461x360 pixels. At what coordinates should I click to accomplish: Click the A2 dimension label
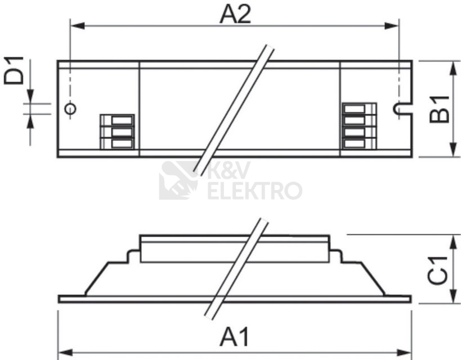[235, 15]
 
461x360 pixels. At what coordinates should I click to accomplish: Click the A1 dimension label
[234, 337]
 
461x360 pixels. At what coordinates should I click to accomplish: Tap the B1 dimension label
[440, 109]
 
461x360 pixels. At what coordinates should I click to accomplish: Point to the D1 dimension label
[14, 70]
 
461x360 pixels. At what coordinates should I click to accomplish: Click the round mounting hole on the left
[70, 109]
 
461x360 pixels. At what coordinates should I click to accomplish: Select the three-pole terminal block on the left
[117, 132]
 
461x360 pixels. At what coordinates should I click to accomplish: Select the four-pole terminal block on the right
[359, 126]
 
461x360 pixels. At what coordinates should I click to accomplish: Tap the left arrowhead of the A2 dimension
[78, 26]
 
